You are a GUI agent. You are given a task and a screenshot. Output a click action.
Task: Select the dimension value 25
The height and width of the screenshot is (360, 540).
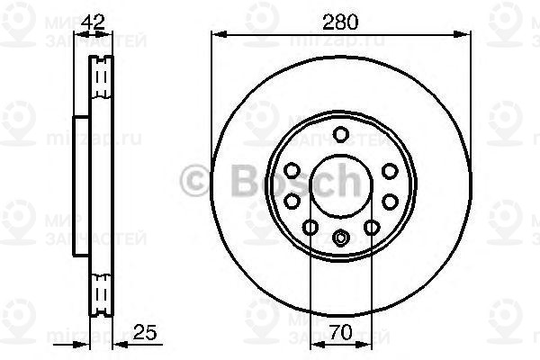[x=142, y=333]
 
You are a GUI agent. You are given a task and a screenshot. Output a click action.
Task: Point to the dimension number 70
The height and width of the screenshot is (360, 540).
[x=340, y=333]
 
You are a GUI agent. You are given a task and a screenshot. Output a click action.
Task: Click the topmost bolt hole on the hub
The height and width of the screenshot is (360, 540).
[x=340, y=135]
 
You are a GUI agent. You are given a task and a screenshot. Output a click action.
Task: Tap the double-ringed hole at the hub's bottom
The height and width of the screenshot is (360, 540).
[x=340, y=238]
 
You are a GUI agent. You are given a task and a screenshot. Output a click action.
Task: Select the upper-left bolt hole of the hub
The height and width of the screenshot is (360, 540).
[x=292, y=170]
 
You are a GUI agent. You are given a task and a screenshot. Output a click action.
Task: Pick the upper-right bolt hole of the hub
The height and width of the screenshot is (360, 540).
[x=389, y=170]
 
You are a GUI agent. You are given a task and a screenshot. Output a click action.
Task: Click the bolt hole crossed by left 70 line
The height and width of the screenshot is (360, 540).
[x=310, y=228]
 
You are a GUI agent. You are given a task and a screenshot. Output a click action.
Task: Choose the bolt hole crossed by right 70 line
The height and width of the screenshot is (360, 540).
[x=371, y=228]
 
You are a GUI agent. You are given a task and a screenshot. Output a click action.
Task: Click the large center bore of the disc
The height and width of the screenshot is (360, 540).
[x=340, y=186]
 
